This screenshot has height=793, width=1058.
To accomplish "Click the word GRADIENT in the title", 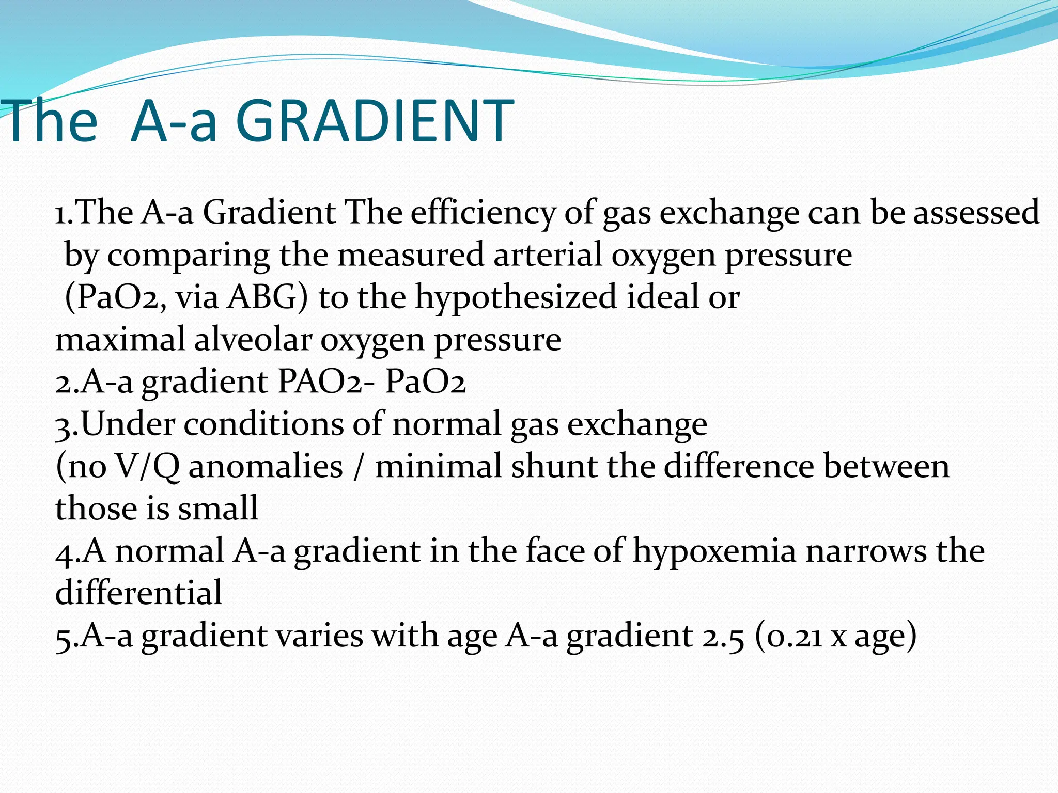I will pyautogui.click(x=374, y=122).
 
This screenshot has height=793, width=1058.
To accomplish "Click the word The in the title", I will pyautogui.click(x=49, y=122).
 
